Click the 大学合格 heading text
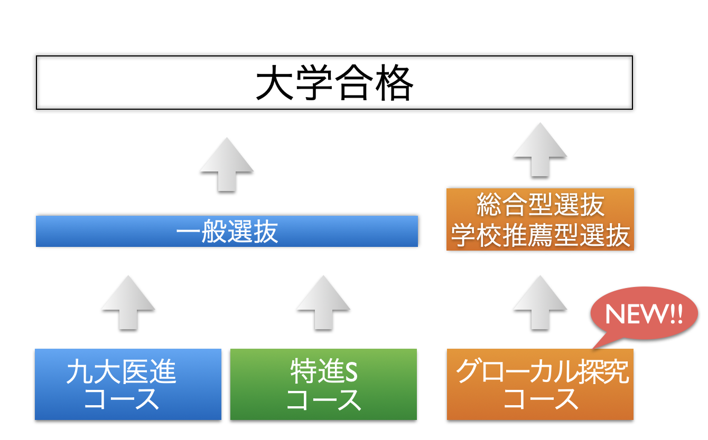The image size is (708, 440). click(334, 83)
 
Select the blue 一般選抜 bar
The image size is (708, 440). click(227, 232)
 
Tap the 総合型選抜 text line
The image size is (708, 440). click(541, 205)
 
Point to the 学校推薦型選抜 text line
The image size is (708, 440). click(541, 235)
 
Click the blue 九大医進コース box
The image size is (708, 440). click(128, 385)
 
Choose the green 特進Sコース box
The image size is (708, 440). click(323, 385)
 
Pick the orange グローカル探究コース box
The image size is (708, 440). click(540, 385)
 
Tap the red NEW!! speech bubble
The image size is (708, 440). click(644, 314)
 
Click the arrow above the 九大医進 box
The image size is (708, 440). click(128, 303)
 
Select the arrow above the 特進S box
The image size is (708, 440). click(323, 303)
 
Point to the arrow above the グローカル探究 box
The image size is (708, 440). click(540, 303)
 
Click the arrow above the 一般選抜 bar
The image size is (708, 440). click(227, 165)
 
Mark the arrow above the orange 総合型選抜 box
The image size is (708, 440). click(540, 150)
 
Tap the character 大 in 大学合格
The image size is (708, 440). click(274, 83)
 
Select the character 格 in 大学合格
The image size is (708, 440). click(395, 83)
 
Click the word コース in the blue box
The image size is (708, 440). click(122, 399)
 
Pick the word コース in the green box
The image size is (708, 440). click(324, 399)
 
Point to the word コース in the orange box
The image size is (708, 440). click(541, 399)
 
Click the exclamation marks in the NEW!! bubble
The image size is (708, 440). click(676, 314)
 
